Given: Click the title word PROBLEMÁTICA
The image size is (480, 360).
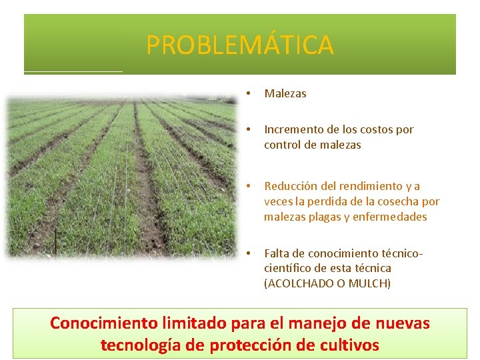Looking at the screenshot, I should tap(239, 45).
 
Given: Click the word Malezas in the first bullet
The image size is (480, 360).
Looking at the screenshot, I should tap(285, 93).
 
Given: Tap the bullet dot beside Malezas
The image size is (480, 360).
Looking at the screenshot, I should tap(247, 93).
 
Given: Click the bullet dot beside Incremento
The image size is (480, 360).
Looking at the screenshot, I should tap(247, 129).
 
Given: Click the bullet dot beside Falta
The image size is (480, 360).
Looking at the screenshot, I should tap(247, 253).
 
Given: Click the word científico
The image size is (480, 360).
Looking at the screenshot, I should tap(287, 268).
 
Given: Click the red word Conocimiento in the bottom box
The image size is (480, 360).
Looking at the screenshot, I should tap(104, 323).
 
